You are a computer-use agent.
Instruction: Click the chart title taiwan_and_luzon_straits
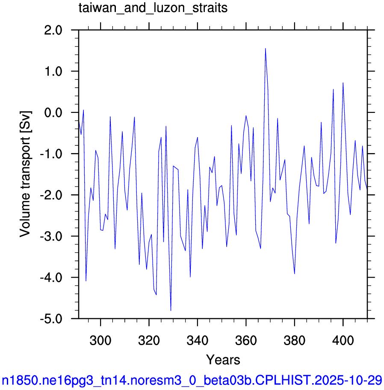pos(153,8)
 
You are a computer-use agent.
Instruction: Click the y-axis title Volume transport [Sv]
pos(25,174)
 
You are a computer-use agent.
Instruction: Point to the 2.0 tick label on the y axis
pos(53,30)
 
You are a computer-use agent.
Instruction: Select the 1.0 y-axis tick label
pos(53,71)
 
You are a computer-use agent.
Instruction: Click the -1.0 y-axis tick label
pos(51,154)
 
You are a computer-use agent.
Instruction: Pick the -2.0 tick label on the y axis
pos(51,195)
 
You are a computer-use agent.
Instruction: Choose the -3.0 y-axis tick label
pos(51,236)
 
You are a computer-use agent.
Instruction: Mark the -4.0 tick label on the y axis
pos(51,278)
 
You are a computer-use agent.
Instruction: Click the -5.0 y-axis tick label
pos(51,319)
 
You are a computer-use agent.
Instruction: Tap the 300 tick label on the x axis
pos(100,340)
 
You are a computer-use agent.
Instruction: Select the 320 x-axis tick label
pos(149,340)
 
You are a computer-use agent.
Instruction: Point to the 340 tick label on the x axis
pos(198,340)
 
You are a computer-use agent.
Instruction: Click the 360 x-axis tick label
pos(246,340)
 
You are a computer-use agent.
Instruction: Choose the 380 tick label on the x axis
pos(295,340)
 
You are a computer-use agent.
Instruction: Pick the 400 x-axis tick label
pos(343,340)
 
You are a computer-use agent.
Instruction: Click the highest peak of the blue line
pos(266,48)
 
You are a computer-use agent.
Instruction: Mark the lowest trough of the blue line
pos(171,310)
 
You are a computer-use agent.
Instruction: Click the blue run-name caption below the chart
pos(192,380)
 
